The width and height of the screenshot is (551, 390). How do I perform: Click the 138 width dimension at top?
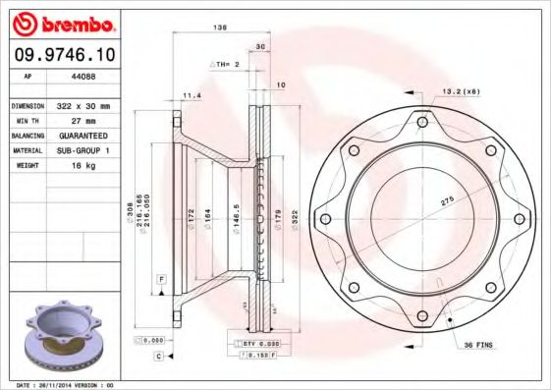[221, 28]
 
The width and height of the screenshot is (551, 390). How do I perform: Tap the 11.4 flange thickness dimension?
[192, 95]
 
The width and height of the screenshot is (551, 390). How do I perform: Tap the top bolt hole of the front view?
[421, 123]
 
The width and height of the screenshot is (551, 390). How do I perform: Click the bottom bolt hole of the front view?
[421, 315]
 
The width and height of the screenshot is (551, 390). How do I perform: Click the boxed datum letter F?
[159, 281]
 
